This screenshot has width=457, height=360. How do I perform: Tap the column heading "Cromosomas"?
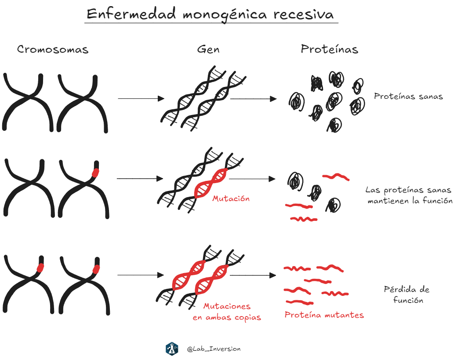(53, 50)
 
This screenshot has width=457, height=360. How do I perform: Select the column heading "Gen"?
(208, 50)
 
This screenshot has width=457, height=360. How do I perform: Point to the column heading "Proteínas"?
(329, 49)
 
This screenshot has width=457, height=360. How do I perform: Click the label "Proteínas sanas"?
(408, 97)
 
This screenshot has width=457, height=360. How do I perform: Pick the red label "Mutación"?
(231, 198)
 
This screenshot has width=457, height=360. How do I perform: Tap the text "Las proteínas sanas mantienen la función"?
(409, 196)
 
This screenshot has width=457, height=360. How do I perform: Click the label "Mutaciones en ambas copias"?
(227, 312)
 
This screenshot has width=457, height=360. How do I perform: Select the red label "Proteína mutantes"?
(324, 315)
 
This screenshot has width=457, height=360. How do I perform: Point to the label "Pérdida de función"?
(406, 295)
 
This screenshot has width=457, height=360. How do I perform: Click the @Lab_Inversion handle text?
(214, 349)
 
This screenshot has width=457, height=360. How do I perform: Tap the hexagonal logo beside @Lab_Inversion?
(172, 349)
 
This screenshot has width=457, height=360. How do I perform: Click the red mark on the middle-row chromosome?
(95, 173)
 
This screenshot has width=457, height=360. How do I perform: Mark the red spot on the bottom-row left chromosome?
(40, 267)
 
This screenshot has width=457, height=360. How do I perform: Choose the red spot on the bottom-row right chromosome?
(96, 268)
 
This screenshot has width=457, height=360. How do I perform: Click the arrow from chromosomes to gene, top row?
(141, 99)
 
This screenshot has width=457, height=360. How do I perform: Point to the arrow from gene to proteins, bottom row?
(253, 275)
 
